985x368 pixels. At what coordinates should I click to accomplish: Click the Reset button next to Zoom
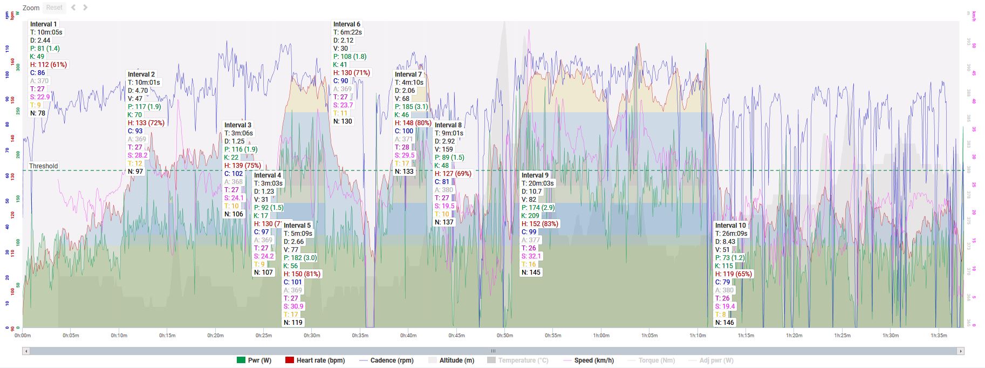tap(54, 8)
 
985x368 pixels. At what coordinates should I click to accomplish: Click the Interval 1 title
tap(43, 24)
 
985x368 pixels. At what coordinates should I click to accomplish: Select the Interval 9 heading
tap(535, 175)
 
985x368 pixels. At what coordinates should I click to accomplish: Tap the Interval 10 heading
tap(730, 226)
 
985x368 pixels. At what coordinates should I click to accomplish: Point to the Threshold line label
tap(43, 166)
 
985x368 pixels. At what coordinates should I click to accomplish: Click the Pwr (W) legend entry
tap(254, 360)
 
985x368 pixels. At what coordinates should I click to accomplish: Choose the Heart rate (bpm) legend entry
tap(315, 360)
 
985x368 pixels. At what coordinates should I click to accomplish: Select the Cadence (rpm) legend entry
tap(386, 360)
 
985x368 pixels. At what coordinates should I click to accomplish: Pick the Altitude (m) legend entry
tap(452, 360)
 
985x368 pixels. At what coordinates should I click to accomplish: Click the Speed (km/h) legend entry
tap(588, 360)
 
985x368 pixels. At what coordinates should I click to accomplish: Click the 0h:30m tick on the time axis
tap(312, 336)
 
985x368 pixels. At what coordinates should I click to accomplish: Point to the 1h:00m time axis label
tap(601, 336)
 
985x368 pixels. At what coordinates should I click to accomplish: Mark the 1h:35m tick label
tap(939, 336)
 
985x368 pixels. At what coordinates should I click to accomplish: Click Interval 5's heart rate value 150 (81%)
tap(302, 274)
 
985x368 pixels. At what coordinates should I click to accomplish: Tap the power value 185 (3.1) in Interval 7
tap(411, 107)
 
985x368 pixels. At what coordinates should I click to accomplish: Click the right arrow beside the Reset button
tap(85, 8)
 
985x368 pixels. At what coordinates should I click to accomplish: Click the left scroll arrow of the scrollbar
tap(26, 351)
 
